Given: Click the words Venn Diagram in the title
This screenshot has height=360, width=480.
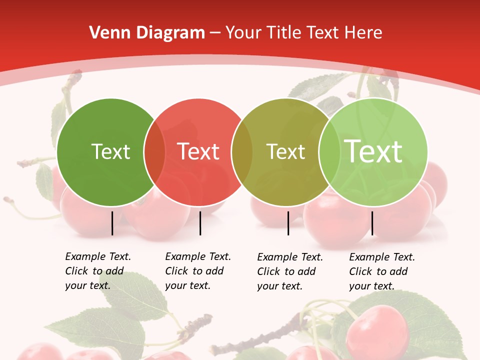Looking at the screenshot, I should [x=147, y=33].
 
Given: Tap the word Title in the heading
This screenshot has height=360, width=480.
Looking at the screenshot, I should [x=284, y=33].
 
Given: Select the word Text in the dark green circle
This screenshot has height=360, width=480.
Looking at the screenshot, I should [x=110, y=151].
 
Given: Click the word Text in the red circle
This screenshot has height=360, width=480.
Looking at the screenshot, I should [x=198, y=151].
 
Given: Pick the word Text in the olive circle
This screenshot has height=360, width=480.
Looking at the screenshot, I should [x=285, y=151].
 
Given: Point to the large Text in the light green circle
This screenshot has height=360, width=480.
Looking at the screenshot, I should [x=373, y=151].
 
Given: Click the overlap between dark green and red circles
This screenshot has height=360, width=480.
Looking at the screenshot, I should [x=154, y=152].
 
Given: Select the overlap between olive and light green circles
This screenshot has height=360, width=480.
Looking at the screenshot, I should [x=328, y=152].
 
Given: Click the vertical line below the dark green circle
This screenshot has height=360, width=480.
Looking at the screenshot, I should [x=112, y=223].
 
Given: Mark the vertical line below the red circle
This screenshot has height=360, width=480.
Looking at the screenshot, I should [x=200, y=223].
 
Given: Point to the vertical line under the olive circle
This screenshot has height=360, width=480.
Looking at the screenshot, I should [x=288, y=223].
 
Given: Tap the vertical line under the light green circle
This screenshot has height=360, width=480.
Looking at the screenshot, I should [x=372, y=223].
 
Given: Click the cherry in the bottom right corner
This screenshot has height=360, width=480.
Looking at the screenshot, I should [x=377, y=330].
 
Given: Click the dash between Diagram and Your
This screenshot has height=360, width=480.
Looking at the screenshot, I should [x=215, y=33].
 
